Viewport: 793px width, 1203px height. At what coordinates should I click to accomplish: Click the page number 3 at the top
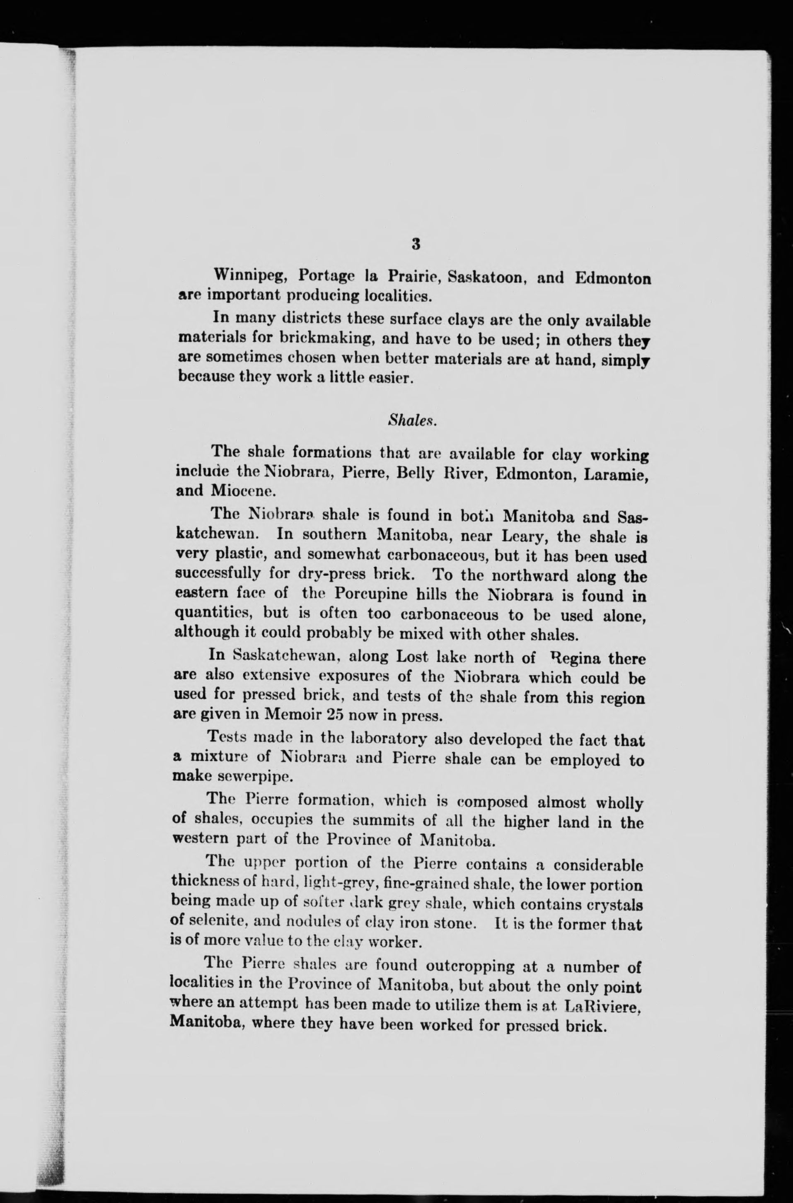415,244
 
